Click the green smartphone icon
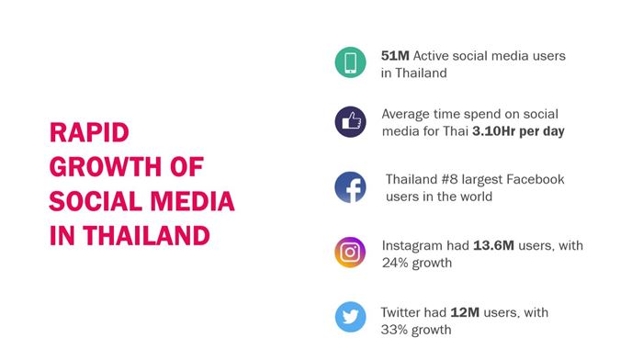[350, 62]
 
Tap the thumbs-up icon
[350, 122]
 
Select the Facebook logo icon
[350, 187]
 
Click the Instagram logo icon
[350, 253]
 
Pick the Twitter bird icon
[350, 317]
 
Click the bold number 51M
[395, 56]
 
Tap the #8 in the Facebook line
[450, 180]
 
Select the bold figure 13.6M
[493, 245]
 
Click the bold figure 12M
[465, 312]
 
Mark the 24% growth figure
[395, 263]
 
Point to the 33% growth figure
[394, 330]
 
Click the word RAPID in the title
[89, 132]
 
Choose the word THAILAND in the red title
[146, 236]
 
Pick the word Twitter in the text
[400, 312]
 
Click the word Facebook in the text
[536, 180]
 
